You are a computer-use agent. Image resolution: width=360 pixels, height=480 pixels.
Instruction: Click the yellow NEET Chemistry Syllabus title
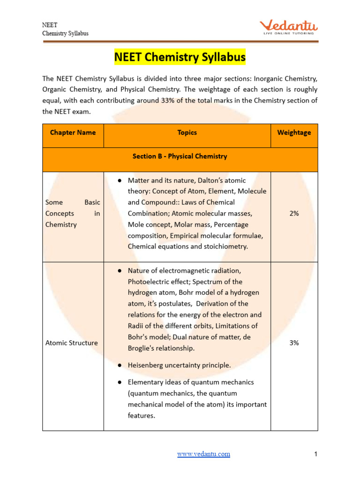pyautogui.click(x=180, y=58)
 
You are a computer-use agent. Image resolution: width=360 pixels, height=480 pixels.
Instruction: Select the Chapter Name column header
pyautogui.click(x=73, y=133)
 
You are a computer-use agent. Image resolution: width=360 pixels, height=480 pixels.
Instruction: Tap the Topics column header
pyautogui.click(x=187, y=133)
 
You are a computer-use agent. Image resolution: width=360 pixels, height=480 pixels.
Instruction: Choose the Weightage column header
pyautogui.click(x=294, y=133)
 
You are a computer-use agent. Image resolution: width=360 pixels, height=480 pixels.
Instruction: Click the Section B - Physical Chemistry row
pyautogui.click(x=180, y=156)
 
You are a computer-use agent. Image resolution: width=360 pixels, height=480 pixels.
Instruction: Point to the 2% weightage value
pyautogui.click(x=294, y=213)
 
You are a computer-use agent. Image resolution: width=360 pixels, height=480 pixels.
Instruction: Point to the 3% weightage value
pyautogui.click(x=294, y=343)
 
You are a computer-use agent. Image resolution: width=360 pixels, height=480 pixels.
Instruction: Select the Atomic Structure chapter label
pyautogui.click(x=71, y=343)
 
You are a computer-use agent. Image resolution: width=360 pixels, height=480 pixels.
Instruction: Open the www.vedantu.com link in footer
pyautogui.click(x=203, y=454)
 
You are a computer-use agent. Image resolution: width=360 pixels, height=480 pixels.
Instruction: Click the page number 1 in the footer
pyautogui.click(x=316, y=454)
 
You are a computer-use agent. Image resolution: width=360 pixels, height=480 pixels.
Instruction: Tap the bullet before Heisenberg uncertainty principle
pyautogui.click(x=120, y=365)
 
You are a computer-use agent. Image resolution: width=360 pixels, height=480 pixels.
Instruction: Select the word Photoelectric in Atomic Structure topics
pyautogui.click(x=148, y=282)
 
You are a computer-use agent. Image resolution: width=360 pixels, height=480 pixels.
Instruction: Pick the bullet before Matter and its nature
pyautogui.click(x=120, y=180)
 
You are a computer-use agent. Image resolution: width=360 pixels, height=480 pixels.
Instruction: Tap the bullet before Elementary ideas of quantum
pyautogui.click(x=120, y=382)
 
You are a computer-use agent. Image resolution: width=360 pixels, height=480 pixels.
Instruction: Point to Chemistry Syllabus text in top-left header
pyautogui.click(x=65, y=33)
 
